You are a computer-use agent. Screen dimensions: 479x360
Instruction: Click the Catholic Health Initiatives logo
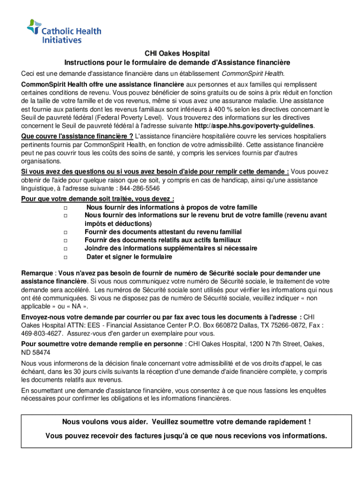64,32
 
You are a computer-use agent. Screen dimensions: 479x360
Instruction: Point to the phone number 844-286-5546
140,189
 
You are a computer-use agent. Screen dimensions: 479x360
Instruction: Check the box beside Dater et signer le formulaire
65,257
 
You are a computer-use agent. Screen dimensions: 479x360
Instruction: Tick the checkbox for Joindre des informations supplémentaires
65,249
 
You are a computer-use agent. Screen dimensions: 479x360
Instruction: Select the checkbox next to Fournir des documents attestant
65,232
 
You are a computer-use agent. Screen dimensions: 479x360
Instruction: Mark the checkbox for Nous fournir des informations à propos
65,207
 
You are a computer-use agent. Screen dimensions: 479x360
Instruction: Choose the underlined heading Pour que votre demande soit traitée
97,198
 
